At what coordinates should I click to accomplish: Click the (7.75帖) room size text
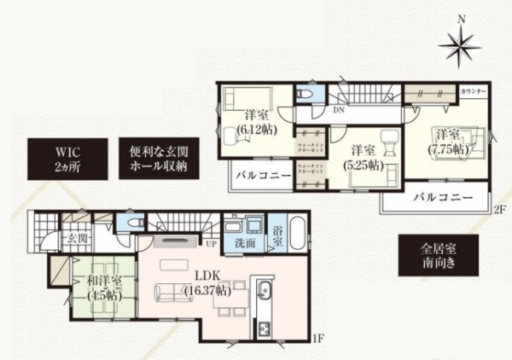pos(447,148)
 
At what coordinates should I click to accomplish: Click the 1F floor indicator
pos(318,340)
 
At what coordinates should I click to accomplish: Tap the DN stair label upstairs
pos(338,111)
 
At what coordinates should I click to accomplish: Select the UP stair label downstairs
pos(210,242)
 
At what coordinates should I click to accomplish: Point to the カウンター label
pos(473,91)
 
